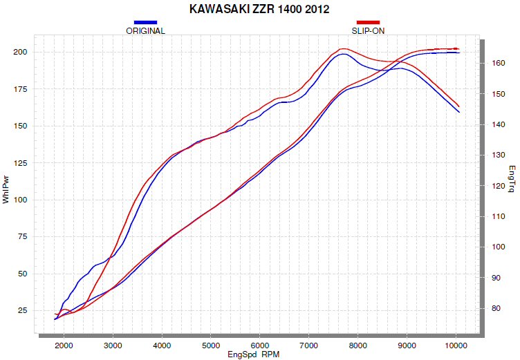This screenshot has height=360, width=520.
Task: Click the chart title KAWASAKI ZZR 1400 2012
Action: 259,9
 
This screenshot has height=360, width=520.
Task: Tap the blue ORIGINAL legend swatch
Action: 145,22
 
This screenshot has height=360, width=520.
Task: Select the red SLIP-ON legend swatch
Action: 368,22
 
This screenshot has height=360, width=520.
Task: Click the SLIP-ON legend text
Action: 368,31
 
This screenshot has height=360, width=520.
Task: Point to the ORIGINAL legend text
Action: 145,31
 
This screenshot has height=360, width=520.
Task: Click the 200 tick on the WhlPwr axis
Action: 19,53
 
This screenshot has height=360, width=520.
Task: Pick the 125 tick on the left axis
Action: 19,163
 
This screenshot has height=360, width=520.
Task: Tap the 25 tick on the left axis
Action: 21,311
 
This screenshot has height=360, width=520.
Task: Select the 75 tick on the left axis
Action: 21,237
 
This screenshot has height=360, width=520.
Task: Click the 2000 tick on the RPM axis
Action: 64,345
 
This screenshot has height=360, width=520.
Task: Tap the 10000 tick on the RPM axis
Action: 455,345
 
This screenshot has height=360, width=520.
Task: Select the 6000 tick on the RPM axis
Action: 259,345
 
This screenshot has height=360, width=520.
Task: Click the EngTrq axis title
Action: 512,179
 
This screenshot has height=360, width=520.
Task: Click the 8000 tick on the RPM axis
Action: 357,345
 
